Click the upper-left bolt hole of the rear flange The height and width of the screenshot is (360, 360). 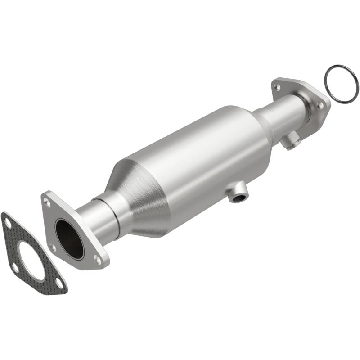click(x=277, y=86)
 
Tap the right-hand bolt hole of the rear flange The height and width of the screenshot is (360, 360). click(x=319, y=104)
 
